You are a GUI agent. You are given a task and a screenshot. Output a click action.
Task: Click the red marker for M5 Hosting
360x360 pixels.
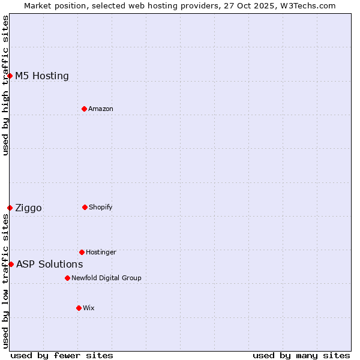point(10,76)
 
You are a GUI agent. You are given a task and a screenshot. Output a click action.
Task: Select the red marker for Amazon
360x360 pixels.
point(84,109)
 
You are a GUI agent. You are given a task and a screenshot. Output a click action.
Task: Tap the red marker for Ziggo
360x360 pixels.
point(10,208)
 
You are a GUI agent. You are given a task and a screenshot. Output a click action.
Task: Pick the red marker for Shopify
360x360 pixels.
point(85,207)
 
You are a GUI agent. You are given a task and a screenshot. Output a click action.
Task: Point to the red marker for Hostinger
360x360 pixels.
point(82,252)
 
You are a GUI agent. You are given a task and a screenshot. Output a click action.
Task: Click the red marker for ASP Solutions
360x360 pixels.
point(11,264)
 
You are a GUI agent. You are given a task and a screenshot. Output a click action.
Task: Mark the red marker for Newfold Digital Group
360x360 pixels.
point(67,278)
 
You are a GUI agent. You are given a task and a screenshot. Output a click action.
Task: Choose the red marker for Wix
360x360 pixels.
point(79,308)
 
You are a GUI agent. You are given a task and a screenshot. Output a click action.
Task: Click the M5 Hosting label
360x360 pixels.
point(42,76)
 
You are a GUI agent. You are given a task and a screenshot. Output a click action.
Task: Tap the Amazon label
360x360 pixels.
point(101,109)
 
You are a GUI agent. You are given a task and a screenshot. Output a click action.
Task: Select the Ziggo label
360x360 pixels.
point(28,208)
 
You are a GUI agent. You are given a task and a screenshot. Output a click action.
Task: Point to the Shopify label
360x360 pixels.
point(101,207)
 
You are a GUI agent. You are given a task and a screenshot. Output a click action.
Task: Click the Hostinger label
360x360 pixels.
point(101,252)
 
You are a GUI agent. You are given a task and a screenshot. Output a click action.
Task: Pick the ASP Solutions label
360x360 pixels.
point(49,265)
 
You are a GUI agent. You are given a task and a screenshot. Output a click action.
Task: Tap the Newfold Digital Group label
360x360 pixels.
point(106,278)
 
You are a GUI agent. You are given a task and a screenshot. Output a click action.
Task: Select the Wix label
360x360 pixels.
point(89,308)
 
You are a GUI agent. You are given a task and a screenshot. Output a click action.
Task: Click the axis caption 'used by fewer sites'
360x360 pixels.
point(62,355)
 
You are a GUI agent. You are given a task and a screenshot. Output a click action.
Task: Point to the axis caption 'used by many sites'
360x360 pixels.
point(301,355)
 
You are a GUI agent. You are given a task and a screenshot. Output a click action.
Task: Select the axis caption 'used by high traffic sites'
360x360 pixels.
point(5,85)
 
